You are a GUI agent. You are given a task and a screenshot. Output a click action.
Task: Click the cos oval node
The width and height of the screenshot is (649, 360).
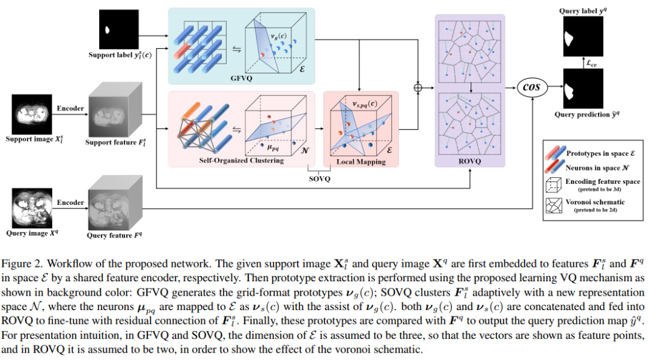(x=532, y=87)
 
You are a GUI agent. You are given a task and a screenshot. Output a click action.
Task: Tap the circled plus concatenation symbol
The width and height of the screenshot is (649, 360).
(x=418, y=88)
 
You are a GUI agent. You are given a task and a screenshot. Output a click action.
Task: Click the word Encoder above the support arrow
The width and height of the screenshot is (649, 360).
(x=70, y=108)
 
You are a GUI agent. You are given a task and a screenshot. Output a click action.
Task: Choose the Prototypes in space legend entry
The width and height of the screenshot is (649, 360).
(x=596, y=153)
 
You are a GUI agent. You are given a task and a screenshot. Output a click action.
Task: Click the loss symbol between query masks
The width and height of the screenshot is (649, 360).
(x=591, y=62)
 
